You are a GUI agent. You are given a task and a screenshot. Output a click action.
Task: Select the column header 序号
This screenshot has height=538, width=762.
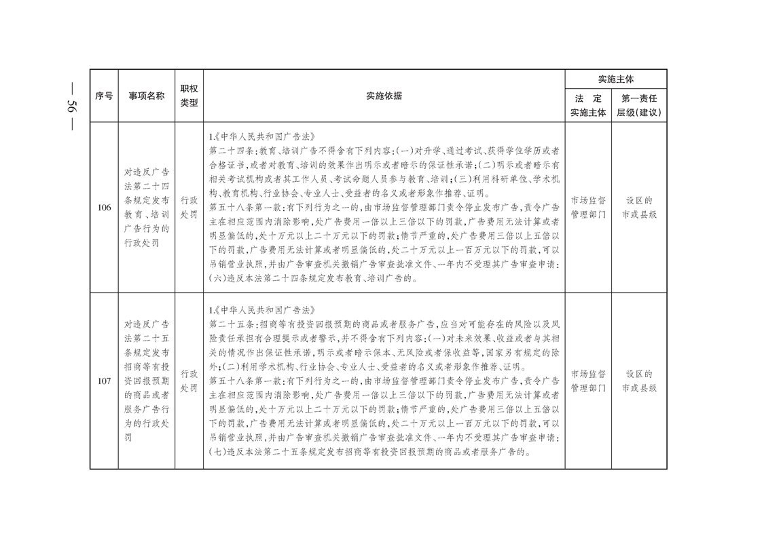104,96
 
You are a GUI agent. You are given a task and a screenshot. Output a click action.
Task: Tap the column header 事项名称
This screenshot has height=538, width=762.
147,96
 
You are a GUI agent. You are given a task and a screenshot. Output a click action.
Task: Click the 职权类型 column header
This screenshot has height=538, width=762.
189,96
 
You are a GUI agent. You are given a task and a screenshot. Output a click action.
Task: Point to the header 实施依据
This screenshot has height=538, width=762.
384,96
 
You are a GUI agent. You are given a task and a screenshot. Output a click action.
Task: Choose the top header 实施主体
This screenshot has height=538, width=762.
615,79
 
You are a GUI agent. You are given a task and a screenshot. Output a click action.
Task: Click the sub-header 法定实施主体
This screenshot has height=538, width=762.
588,105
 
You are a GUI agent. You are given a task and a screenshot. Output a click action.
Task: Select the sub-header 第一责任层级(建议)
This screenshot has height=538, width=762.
638,105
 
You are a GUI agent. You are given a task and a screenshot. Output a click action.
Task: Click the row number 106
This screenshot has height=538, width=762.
104,208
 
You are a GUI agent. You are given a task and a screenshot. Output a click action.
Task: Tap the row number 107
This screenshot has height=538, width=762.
104,381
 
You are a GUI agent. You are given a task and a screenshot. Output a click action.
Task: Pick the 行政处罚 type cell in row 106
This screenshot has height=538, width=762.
189,208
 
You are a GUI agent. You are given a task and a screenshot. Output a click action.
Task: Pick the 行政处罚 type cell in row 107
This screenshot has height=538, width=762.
189,381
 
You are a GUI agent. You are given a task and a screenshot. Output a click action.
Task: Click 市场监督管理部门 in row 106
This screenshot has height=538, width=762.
588,208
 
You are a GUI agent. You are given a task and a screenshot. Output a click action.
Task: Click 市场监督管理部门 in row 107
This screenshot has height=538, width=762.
588,381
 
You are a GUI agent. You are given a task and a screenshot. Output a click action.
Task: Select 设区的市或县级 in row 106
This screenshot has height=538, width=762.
638,208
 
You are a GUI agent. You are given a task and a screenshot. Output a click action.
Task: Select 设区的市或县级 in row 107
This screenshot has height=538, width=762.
638,381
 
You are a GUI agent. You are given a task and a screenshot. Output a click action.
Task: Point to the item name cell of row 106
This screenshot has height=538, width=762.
147,208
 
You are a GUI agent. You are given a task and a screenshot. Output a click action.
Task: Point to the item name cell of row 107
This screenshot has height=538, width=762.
147,381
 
